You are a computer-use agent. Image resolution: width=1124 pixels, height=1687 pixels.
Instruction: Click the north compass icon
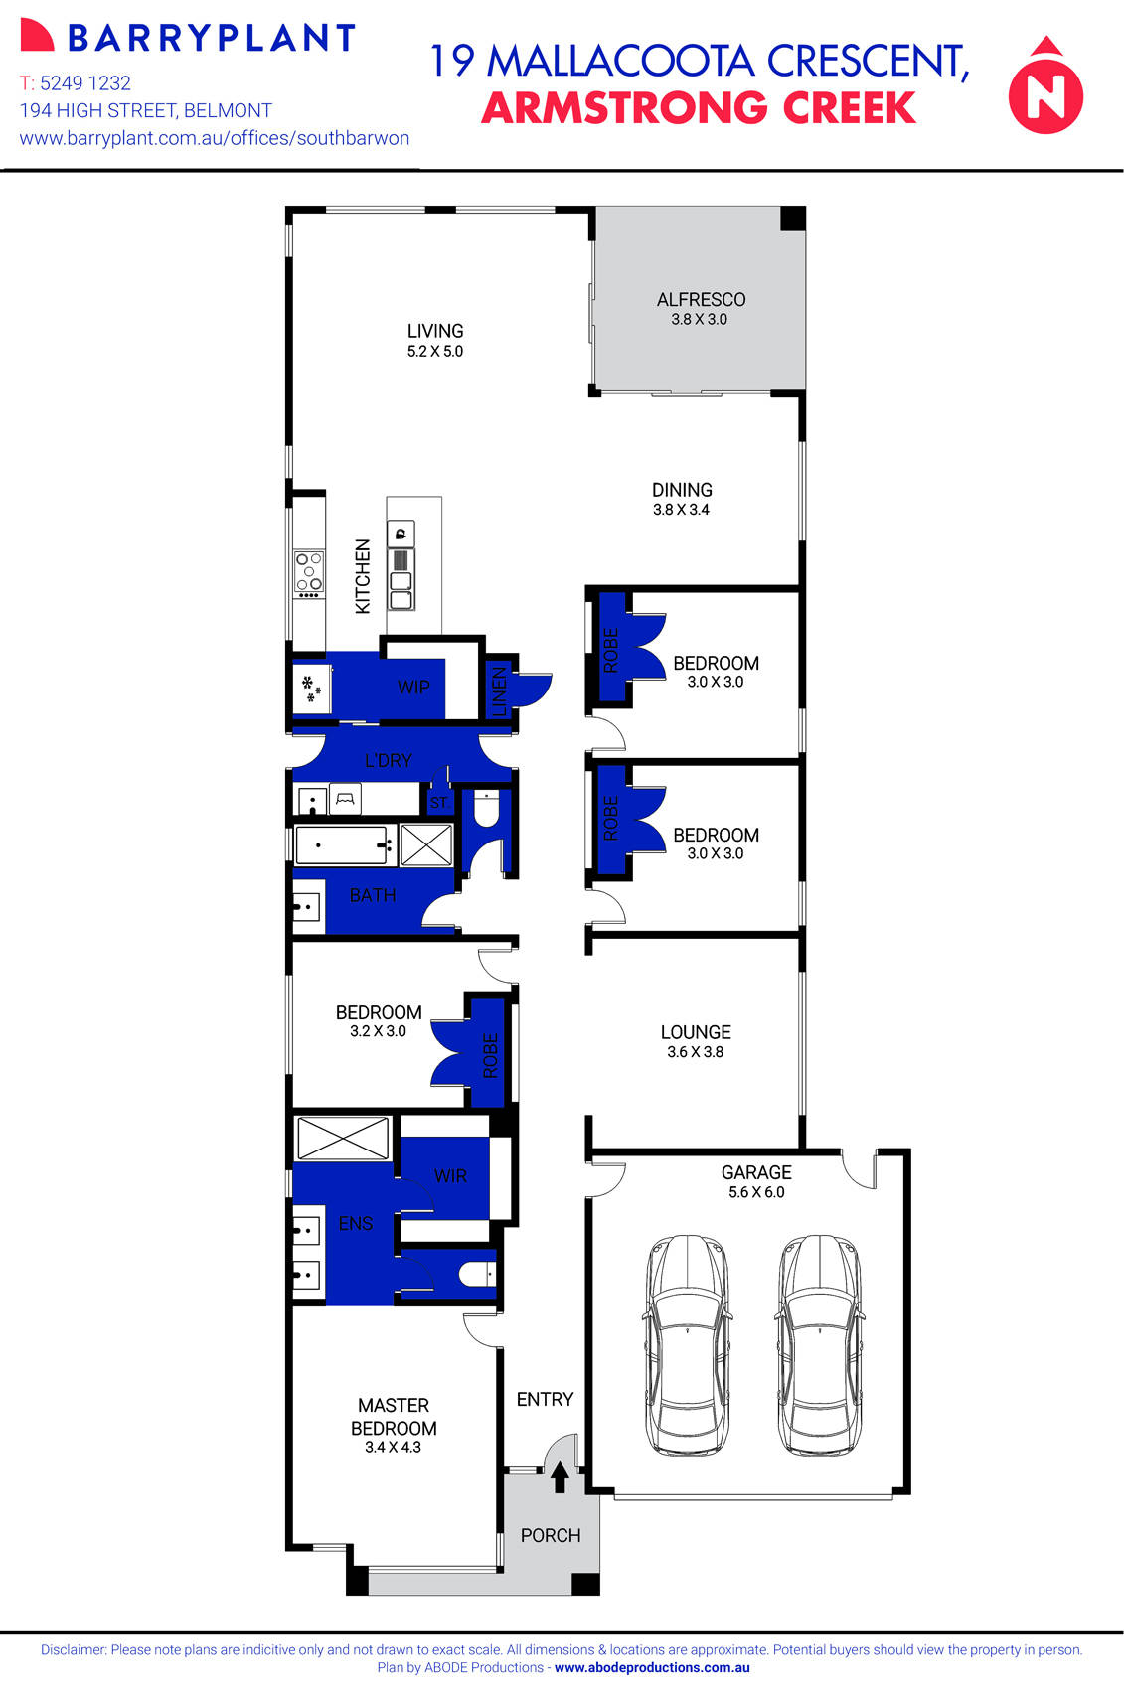[x=1045, y=86]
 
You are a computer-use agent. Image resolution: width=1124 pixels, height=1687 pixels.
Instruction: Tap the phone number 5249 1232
[x=84, y=83]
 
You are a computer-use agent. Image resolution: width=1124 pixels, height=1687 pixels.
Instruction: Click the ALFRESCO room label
[x=701, y=299]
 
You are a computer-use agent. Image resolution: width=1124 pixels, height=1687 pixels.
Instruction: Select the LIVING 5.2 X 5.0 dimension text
[x=435, y=352]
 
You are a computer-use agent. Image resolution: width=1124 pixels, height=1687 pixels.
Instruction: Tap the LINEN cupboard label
[x=499, y=690]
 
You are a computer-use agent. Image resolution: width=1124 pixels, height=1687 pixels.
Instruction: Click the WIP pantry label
[x=413, y=687]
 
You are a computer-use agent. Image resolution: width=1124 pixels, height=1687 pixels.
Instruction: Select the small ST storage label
[x=438, y=802]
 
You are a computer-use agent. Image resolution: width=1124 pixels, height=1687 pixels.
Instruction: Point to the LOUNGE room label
[x=696, y=1032]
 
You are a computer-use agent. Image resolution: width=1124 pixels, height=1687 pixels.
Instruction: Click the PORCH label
[x=551, y=1535]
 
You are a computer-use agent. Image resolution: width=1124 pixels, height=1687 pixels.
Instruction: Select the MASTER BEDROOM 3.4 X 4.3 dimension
[x=393, y=1448]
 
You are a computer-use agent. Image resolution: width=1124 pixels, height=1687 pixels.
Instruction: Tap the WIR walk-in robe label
[x=450, y=1175]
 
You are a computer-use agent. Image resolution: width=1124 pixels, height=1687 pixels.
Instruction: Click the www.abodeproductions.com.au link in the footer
[x=652, y=1668]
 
